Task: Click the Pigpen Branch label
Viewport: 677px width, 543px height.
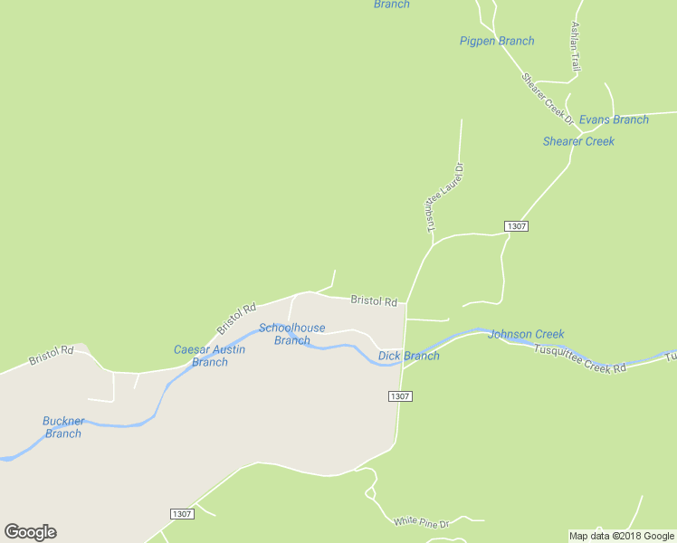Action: pos(497,41)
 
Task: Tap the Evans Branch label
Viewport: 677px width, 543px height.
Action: pos(614,119)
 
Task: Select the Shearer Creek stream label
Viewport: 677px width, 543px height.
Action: pos(578,141)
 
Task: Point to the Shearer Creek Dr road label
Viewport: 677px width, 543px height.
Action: pos(548,98)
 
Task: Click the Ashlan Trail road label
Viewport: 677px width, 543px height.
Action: pos(574,47)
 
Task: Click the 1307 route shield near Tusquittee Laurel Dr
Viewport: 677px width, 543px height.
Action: pos(516,225)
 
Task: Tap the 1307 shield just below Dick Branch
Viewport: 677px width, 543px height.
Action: pos(401,396)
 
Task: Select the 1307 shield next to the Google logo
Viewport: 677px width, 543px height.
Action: pos(182,513)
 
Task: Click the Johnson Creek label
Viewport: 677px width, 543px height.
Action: pos(526,334)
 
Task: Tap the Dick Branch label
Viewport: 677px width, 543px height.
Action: pos(409,356)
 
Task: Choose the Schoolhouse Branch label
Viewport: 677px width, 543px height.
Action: pos(291,334)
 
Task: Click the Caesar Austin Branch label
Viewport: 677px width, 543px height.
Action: pos(209,356)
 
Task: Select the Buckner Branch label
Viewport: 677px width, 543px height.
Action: pos(62,427)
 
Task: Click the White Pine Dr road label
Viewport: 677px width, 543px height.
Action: pos(421,521)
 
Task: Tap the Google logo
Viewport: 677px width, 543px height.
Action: pos(30,532)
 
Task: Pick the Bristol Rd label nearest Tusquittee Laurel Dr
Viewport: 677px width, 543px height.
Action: pos(374,300)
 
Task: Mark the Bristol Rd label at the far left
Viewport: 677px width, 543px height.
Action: pos(51,354)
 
